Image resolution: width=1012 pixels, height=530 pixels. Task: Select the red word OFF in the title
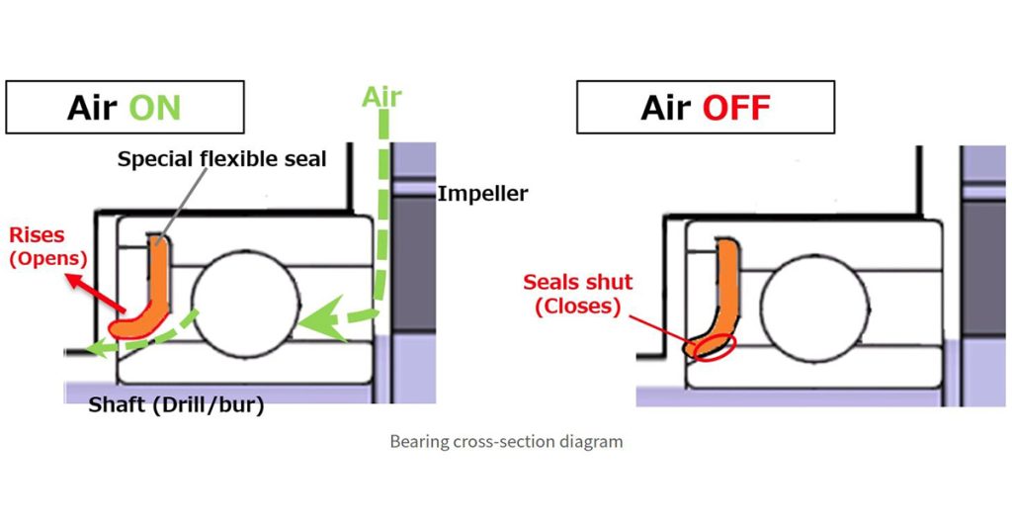(x=735, y=107)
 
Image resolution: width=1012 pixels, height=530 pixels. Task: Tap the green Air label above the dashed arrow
(x=381, y=97)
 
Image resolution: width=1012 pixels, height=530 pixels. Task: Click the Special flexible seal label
(x=221, y=159)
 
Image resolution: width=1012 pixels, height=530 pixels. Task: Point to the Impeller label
(x=482, y=194)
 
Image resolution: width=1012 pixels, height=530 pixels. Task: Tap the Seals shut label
(x=578, y=283)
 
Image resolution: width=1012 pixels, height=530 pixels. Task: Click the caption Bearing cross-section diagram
(x=506, y=441)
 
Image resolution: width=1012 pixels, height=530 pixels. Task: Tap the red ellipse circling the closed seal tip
(x=715, y=345)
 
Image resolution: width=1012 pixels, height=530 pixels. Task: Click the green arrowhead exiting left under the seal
(x=94, y=346)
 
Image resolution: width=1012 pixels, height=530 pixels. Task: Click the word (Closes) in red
(x=578, y=307)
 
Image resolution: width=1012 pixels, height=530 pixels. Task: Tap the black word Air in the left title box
(x=92, y=107)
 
